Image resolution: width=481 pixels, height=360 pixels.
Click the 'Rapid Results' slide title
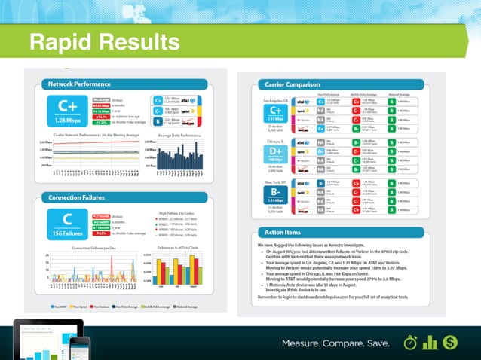click(x=103, y=41)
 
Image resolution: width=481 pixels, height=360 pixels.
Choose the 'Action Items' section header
click(x=283, y=231)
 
